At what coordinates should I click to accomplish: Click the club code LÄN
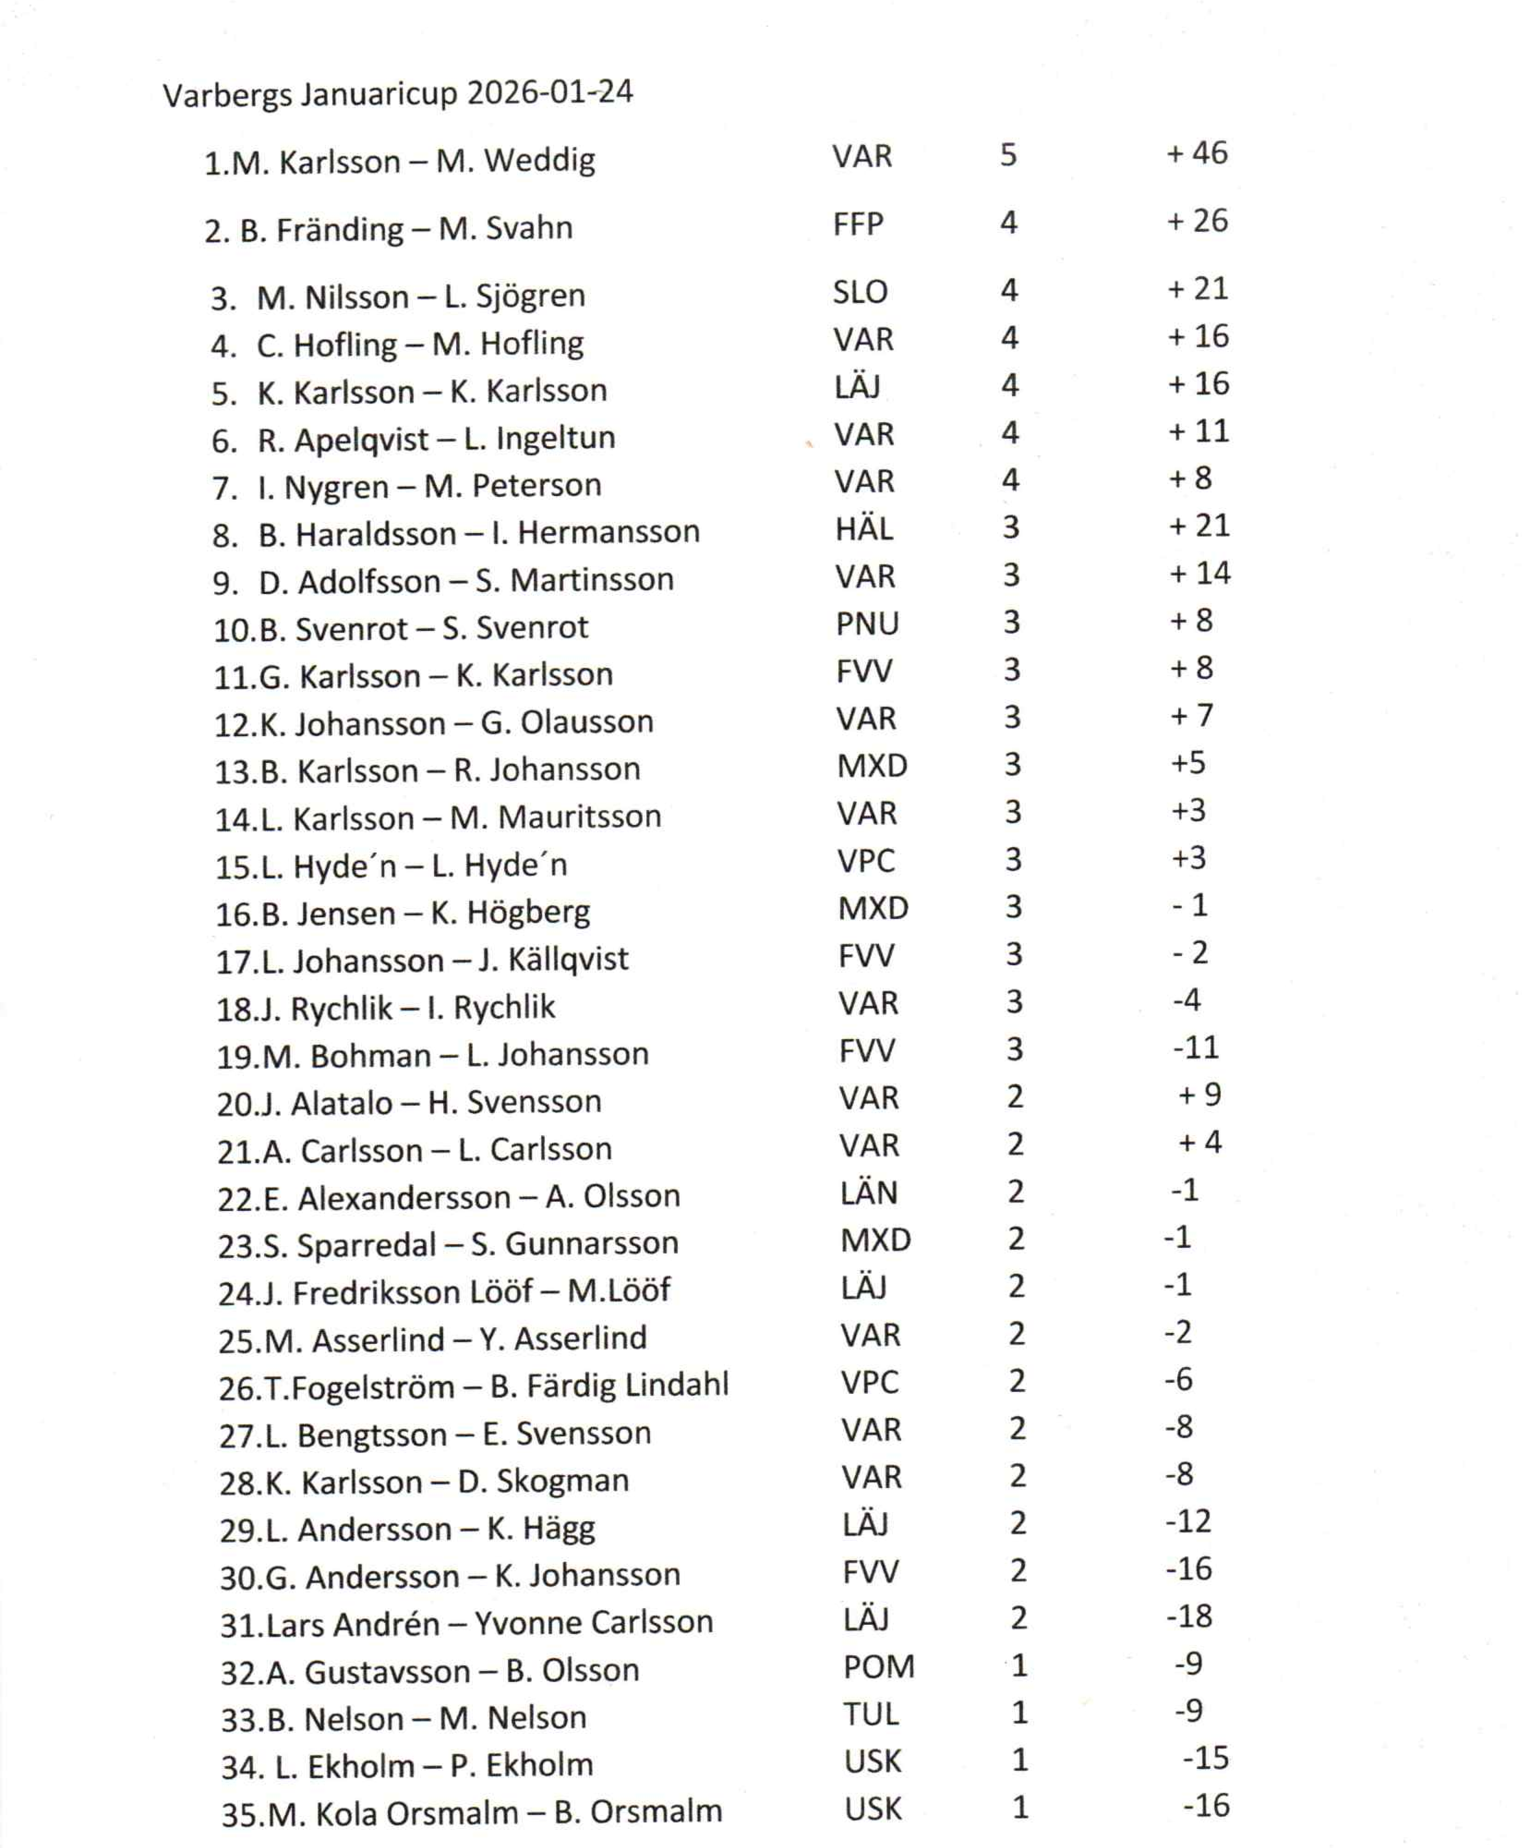(869, 1193)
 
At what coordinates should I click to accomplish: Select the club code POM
(878, 1667)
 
